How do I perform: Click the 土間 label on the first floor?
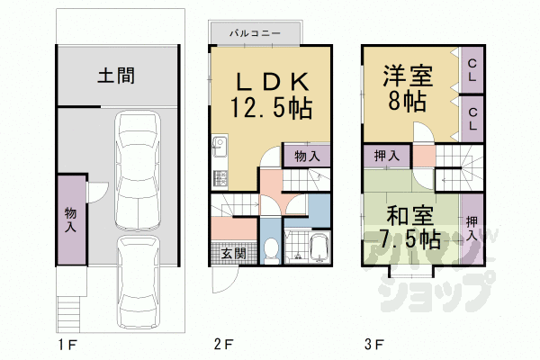point(117,76)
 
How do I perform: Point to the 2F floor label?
point(222,344)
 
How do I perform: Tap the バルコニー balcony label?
point(256,32)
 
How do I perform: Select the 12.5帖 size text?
point(270,109)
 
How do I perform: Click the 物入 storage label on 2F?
point(306,156)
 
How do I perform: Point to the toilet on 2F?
point(271,249)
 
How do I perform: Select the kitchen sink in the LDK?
point(217,145)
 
